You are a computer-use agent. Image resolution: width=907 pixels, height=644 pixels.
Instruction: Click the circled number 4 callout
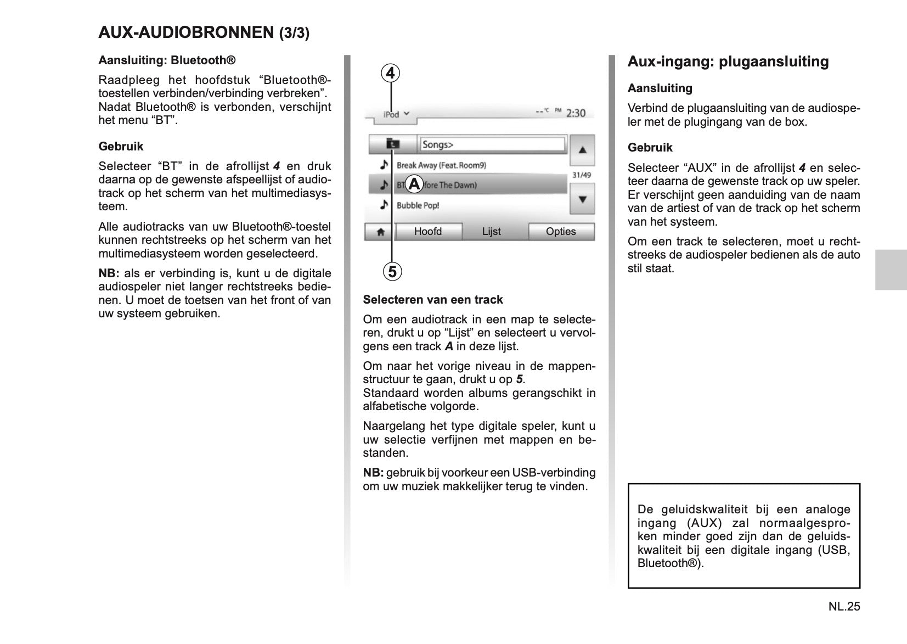390,73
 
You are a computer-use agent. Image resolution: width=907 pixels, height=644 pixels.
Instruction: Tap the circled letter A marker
414,184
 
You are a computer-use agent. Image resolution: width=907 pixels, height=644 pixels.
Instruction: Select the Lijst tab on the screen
491,232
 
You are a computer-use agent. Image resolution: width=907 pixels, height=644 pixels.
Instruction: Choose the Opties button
561,232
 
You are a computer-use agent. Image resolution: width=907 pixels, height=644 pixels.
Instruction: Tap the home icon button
380,232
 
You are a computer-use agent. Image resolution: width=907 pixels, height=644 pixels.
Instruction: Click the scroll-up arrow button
582,150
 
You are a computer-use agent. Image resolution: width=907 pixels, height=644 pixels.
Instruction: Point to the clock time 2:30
576,113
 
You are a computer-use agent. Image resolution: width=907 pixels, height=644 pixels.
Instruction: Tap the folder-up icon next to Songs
393,144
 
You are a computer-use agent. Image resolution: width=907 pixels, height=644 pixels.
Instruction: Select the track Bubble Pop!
418,205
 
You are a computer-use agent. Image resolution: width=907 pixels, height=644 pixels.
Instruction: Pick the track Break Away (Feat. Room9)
441,165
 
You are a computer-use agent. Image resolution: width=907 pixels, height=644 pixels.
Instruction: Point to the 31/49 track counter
582,175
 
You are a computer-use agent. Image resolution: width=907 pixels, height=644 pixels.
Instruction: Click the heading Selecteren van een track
432,300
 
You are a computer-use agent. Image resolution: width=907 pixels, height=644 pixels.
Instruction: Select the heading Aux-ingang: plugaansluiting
728,61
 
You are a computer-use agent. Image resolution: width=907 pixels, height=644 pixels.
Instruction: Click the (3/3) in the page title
294,33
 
